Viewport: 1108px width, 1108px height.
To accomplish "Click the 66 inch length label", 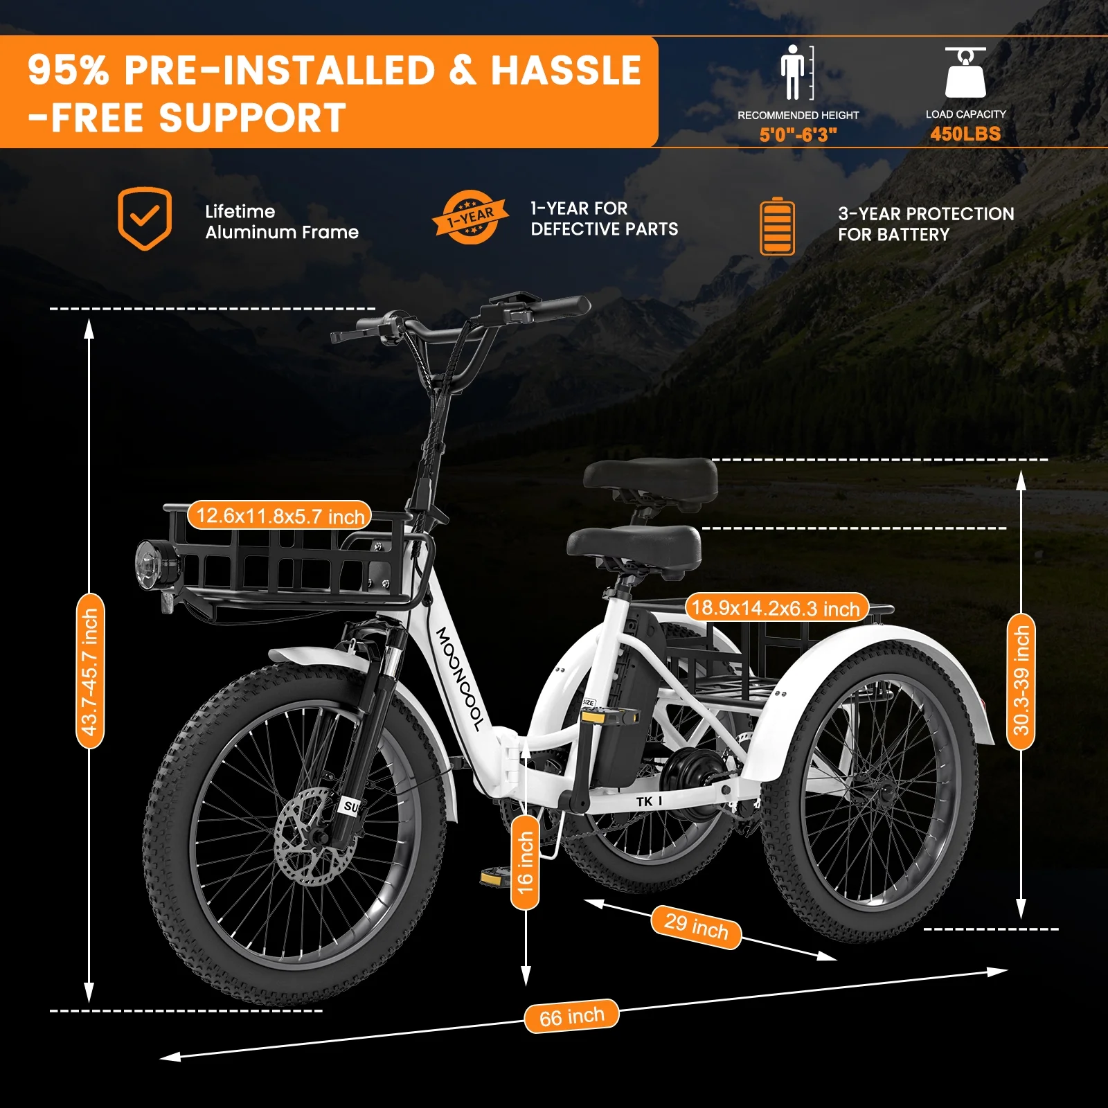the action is tap(571, 1016).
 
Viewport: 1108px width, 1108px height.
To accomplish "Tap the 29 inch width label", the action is tap(696, 927).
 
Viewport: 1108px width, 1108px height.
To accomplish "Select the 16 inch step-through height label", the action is tap(526, 862).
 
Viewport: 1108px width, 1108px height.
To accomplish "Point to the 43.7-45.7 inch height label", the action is tap(90, 671).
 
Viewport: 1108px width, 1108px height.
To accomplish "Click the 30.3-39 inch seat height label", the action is tap(1021, 681).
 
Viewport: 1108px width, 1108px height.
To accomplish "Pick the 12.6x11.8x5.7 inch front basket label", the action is tap(280, 515).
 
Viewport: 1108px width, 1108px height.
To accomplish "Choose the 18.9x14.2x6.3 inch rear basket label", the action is tap(776, 607).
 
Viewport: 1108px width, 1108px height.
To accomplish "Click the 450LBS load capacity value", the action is tap(965, 134).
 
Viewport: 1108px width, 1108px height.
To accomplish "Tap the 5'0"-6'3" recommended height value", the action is tap(798, 134).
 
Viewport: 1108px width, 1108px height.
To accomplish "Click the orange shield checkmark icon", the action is tap(144, 218).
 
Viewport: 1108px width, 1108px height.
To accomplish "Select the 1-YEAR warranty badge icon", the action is tap(470, 217).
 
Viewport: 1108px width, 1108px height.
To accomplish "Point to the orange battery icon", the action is tap(777, 226).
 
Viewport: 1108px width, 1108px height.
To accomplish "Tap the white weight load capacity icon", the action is tap(965, 72).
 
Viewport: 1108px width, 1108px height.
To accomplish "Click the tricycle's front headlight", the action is tap(157, 564).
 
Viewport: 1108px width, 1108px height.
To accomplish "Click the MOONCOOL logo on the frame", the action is tap(459, 679).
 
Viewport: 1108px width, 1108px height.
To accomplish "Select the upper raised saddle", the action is tap(650, 478).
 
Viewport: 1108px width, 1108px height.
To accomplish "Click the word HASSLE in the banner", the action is tap(566, 70).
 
